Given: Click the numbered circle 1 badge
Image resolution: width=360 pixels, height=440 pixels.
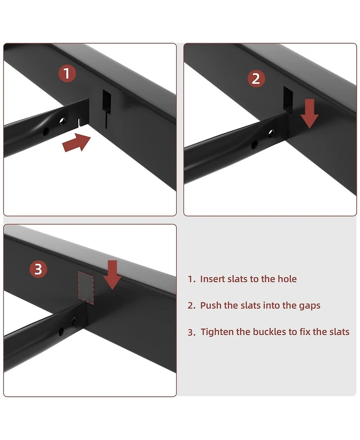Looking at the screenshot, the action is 67,73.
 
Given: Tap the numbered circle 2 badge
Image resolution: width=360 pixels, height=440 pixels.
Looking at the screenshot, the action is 256,78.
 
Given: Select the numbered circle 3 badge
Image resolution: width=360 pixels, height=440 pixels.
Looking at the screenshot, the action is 38,269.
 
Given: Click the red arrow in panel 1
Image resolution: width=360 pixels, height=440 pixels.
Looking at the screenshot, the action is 76,143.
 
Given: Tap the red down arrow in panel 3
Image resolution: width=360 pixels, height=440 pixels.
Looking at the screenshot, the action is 112,275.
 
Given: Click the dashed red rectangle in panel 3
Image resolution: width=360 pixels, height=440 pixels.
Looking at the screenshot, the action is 86,287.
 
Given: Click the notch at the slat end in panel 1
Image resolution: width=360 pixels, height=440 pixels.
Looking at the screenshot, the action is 80,122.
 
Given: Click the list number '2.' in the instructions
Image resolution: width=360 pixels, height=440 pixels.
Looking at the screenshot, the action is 192,305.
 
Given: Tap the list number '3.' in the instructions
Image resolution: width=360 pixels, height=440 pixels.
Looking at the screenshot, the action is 192,332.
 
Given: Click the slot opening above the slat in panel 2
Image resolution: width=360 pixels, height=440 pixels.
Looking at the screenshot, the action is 288,99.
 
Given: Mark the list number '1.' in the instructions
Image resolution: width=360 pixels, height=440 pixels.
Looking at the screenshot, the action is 192,279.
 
